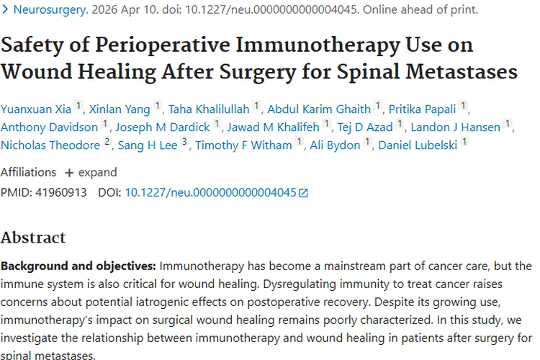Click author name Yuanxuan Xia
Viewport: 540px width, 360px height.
(36, 109)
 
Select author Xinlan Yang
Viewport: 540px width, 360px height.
(120, 109)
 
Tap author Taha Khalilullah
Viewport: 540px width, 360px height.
(209, 109)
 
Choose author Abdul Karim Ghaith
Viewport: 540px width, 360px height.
(319, 109)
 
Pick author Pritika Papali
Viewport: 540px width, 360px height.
(423, 109)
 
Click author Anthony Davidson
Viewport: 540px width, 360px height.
(49, 127)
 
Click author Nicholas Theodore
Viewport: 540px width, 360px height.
(50, 145)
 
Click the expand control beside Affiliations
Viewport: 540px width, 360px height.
(91, 173)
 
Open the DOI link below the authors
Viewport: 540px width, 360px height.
(211, 193)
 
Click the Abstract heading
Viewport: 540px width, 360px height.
(33, 238)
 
